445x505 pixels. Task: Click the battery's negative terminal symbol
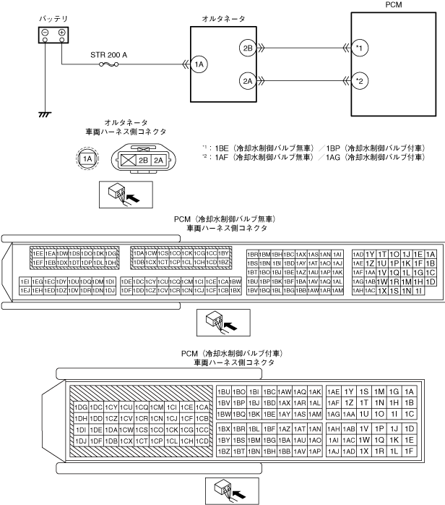pyautogui.click(x=46, y=33)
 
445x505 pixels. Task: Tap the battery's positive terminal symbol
pyautogui.click(x=61, y=33)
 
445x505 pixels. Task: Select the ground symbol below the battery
pyautogui.click(x=45, y=114)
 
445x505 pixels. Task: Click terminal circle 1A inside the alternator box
pyautogui.click(x=200, y=64)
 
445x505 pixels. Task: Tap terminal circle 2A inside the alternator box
pyautogui.click(x=247, y=81)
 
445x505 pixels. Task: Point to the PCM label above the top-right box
pyautogui.click(x=397, y=5)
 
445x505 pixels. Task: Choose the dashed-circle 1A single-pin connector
pyautogui.click(x=88, y=159)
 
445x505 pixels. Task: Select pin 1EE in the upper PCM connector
pyautogui.click(x=37, y=254)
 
